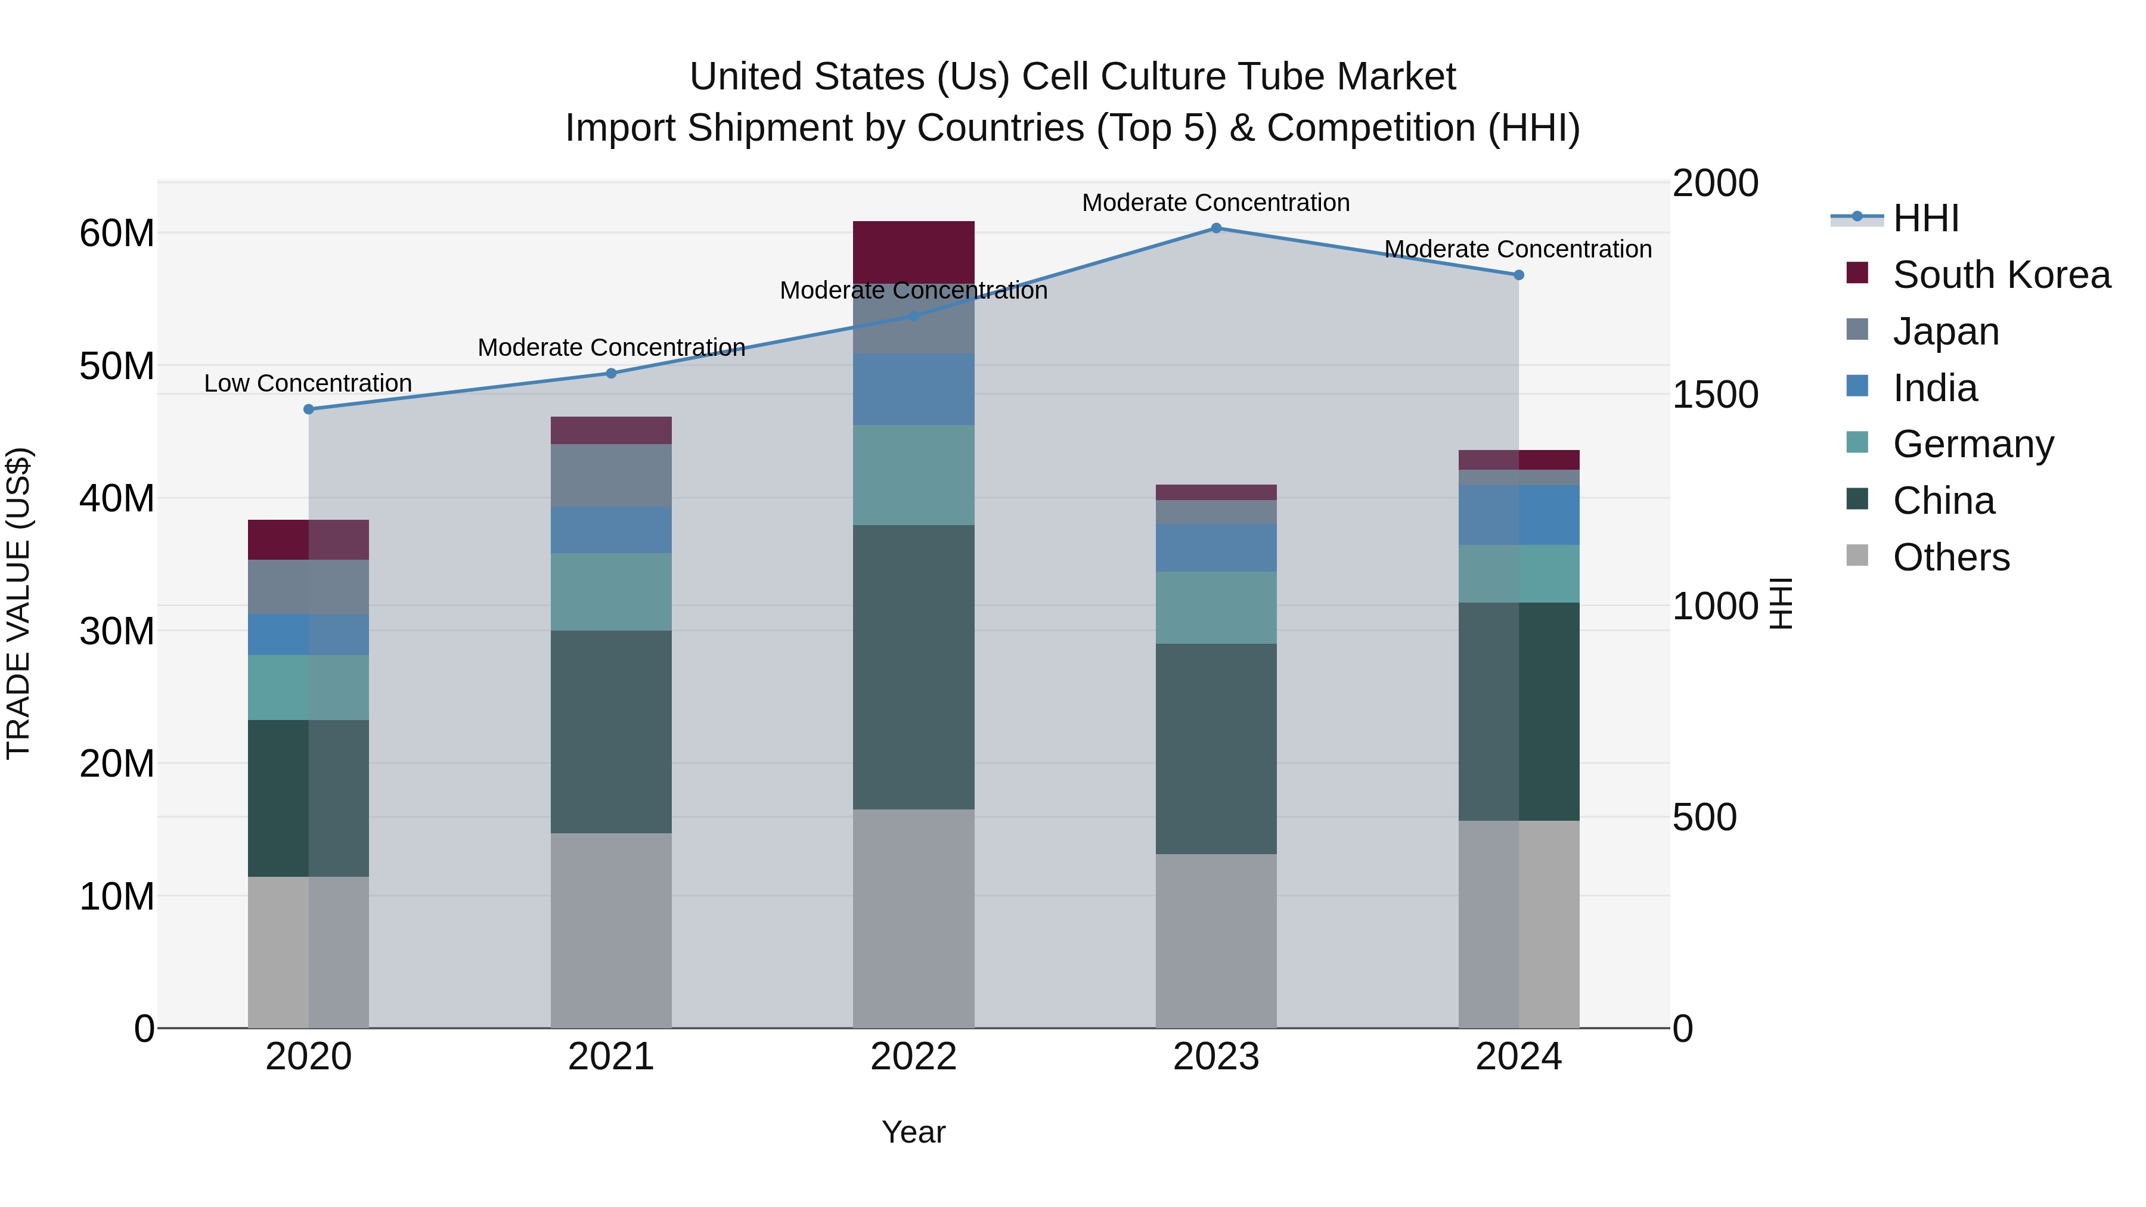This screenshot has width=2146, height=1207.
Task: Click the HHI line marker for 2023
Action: click(x=1215, y=228)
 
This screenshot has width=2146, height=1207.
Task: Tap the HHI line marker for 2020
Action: click(x=308, y=409)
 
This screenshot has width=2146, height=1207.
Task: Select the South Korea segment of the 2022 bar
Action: click(x=913, y=252)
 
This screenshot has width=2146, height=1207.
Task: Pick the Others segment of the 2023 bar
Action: click(x=1215, y=941)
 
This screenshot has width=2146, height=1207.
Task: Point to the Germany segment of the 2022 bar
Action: click(x=913, y=475)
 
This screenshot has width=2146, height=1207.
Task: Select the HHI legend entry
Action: click(x=1924, y=218)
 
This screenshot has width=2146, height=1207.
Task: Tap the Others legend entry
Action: click(x=1950, y=557)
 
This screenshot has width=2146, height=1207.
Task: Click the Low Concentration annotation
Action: click(x=308, y=383)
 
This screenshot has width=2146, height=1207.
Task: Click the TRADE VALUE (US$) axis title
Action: click(x=18, y=603)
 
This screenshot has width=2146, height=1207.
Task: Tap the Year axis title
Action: click(x=913, y=1132)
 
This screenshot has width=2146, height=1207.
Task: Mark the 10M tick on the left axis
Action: click(x=117, y=896)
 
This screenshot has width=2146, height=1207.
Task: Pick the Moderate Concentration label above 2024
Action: click(x=1517, y=249)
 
